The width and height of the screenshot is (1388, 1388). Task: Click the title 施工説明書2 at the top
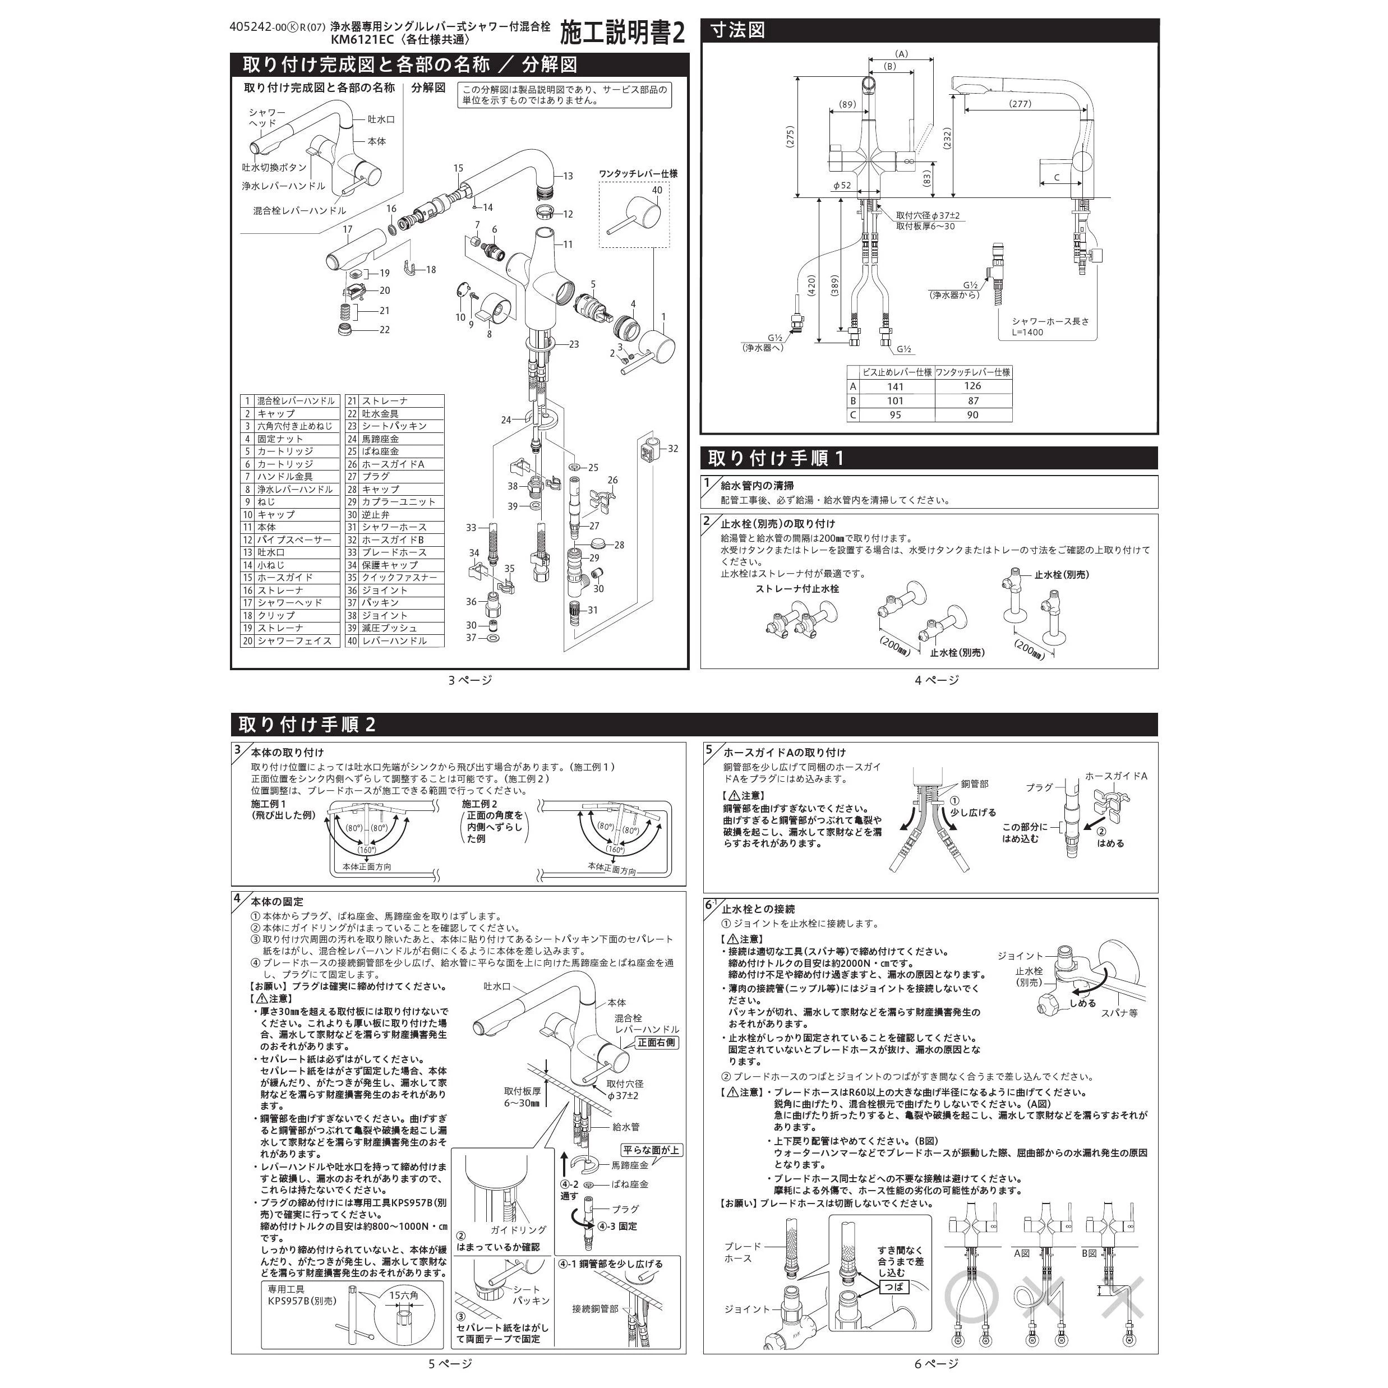coord(622,33)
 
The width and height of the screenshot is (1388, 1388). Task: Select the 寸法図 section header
coord(738,31)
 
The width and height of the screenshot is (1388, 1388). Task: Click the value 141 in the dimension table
coord(895,386)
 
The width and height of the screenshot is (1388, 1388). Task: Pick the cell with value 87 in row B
coord(973,401)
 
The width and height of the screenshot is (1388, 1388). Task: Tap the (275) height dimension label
coord(790,136)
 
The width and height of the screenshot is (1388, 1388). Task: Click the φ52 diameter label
coord(841,186)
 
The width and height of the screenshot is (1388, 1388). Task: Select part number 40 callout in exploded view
coord(657,190)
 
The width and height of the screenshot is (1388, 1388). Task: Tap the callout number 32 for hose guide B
coord(672,448)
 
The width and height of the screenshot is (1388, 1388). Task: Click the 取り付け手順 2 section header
coord(307,724)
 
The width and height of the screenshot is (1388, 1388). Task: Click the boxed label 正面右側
coord(657,1042)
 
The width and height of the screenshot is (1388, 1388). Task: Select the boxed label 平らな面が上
coord(652,1150)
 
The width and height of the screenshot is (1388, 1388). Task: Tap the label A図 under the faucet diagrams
coord(1022,1253)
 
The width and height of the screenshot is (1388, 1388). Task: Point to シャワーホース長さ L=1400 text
coord(1050,326)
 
